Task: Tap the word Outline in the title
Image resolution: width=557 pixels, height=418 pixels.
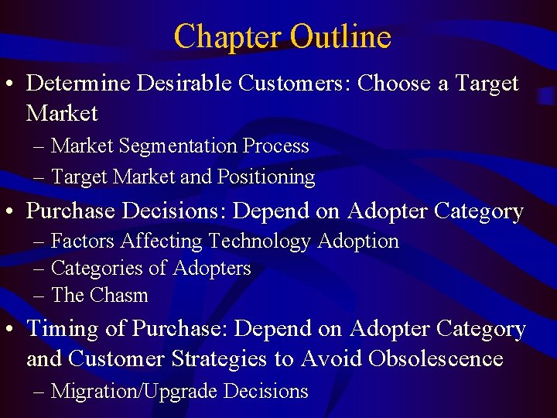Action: coord(340,36)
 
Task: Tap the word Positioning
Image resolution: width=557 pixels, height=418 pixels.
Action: coord(266,177)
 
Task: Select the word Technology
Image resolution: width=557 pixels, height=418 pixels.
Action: coord(260,242)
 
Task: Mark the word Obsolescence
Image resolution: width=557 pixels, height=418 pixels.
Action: coord(436,359)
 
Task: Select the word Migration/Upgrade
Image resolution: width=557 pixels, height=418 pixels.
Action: coord(134,392)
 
